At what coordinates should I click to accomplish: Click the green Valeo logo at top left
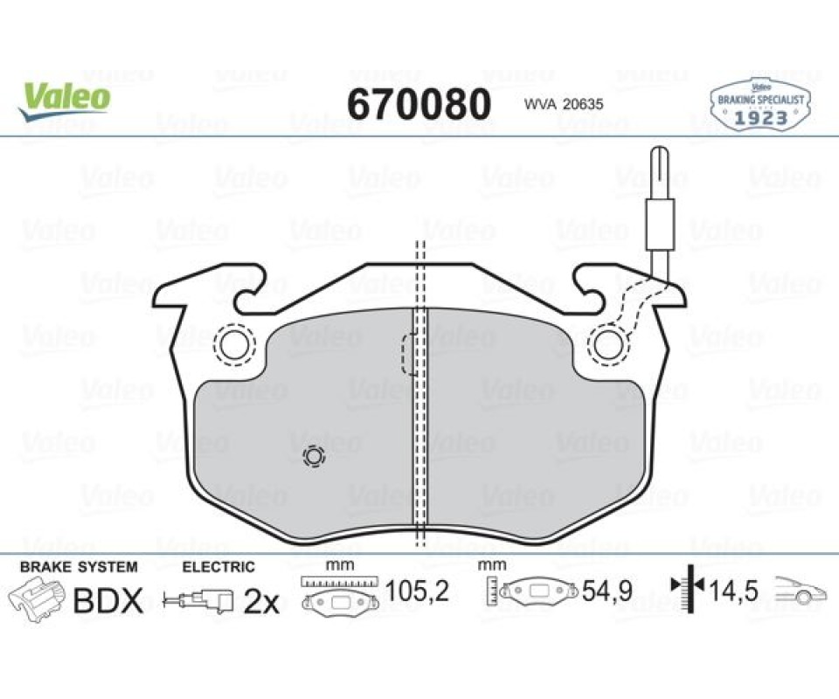(64, 100)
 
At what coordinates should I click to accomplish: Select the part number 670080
(419, 104)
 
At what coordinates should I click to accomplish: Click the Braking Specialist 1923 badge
(759, 105)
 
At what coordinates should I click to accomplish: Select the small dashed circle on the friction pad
(314, 457)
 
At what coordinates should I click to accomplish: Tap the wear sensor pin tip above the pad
(661, 150)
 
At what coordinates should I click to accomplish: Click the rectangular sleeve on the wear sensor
(661, 225)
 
